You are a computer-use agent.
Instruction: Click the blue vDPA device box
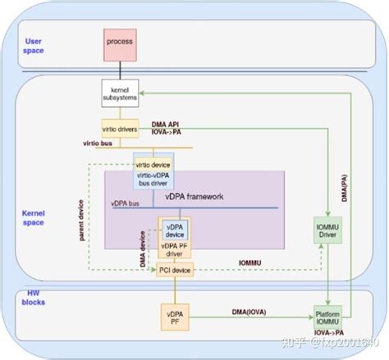(176, 229)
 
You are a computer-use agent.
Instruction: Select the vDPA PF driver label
(176, 248)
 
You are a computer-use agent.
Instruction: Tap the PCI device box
(175, 270)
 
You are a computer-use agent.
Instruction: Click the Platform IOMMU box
(328, 317)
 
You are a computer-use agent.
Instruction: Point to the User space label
(34, 46)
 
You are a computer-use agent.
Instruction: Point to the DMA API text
(167, 124)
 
